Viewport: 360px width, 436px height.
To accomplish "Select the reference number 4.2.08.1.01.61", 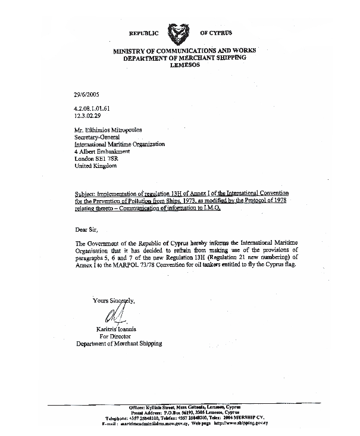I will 92,108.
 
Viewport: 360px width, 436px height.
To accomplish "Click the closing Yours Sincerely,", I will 114,300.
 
